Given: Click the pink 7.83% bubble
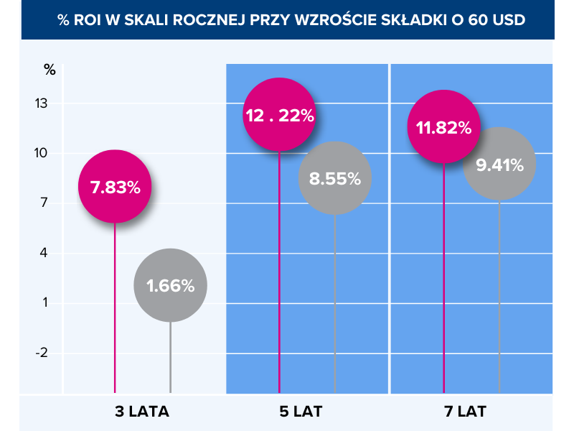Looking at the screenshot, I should pyautogui.click(x=115, y=187).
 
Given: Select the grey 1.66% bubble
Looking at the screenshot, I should pyautogui.click(x=170, y=285).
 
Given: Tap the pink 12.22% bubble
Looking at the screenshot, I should pyautogui.click(x=279, y=116).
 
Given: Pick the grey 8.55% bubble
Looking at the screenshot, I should pyautogui.click(x=334, y=178).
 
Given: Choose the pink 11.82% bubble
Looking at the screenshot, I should pyautogui.click(x=443, y=127).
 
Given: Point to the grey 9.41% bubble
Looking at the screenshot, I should pyautogui.click(x=499, y=164).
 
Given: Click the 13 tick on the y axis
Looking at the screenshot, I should pyautogui.click(x=40, y=103).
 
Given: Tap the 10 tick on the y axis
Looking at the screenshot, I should pyautogui.click(x=40, y=153).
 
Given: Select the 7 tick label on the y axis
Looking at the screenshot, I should pyautogui.click(x=43, y=203).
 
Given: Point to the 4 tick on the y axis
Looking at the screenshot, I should pyautogui.click(x=43, y=253).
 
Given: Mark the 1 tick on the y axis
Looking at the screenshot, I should pyautogui.click(x=43, y=302).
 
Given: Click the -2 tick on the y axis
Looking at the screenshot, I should pyautogui.click(x=40, y=353).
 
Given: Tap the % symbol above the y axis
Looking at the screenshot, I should pyautogui.click(x=49, y=69).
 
